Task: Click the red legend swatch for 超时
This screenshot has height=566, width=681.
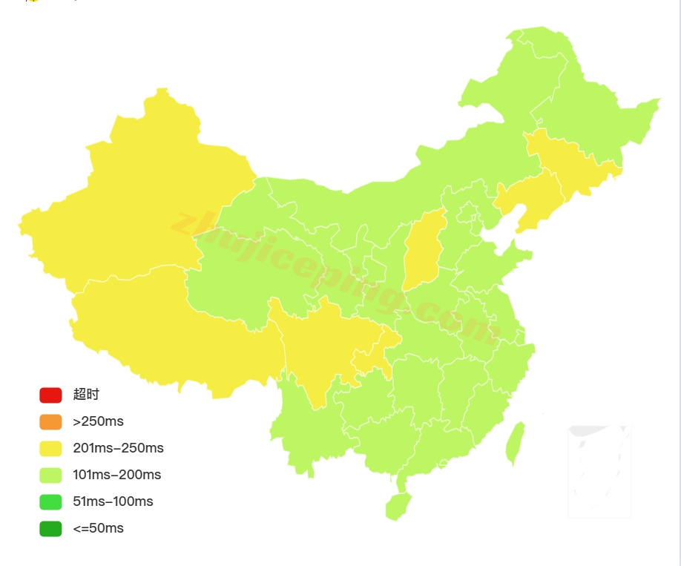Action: pos(50,395)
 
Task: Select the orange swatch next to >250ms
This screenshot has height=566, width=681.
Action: pos(50,421)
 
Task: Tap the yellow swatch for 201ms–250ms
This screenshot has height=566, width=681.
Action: pos(50,448)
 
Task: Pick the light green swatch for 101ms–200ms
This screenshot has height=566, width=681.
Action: pos(50,475)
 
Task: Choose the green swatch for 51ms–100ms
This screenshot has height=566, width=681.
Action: pos(50,501)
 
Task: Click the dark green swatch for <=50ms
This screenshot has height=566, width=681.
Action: pos(50,528)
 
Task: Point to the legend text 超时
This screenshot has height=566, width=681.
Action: pos(86,395)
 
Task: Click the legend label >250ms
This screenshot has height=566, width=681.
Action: pos(98,421)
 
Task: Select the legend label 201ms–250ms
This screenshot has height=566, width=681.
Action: pos(118,448)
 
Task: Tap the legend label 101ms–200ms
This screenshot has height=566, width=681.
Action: pos(116,475)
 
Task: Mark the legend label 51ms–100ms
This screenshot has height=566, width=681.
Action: pos(113,501)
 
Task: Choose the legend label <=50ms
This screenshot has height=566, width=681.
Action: pos(98,528)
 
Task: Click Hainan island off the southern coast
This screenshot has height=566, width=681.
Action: pos(398,506)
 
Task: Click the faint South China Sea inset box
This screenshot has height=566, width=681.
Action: pos(599,471)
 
